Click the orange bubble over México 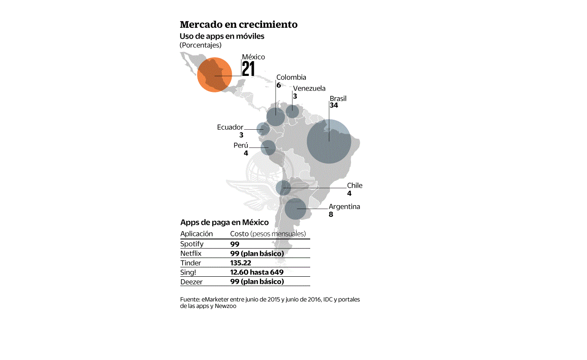[x=214, y=75]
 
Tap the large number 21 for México [x=248, y=69]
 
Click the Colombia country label [x=291, y=77]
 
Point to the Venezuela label [x=309, y=88]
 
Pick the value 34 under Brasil [x=334, y=105]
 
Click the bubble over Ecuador [x=263, y=129]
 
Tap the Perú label [x=241, y=145]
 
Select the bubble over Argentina [x=296, y=209]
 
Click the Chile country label [x=354, y=186]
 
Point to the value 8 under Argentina [x=331, y=214]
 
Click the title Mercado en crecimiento [x=239, y=24]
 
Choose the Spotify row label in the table [x=192, y=244]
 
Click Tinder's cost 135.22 [x=240, y=263]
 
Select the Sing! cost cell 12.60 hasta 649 [x=256, y=272]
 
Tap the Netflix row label [x=191, y=253]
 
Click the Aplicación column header [x=197, y=234]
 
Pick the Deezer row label [x=191, y=282]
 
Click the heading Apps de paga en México [x=224, y=223]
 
